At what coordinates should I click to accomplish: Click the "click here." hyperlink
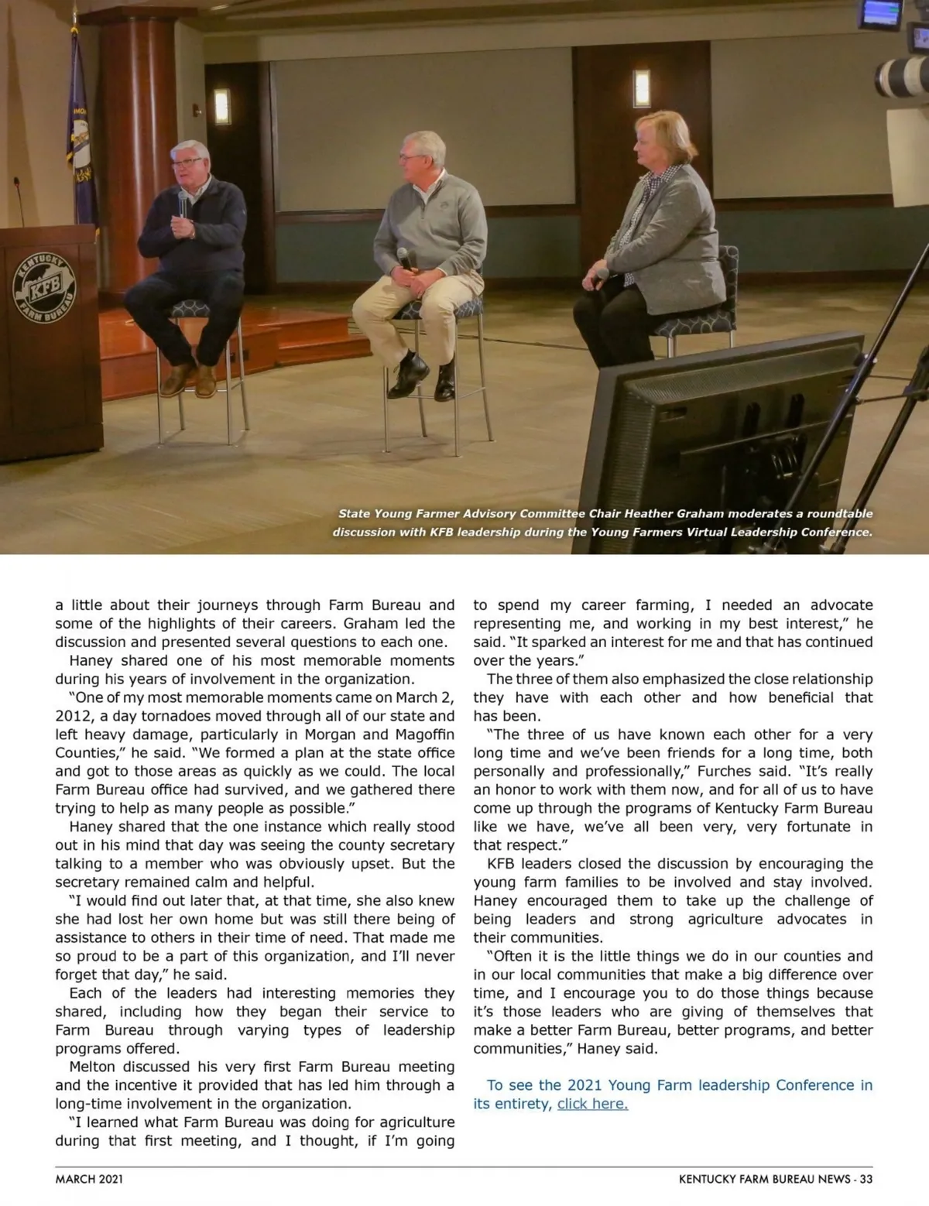point(592,1104)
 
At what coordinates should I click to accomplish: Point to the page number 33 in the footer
point(866,1179)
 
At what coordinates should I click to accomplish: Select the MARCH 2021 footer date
point(89,1179)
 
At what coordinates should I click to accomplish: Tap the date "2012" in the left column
point(74,716)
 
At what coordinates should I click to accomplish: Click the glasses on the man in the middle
point(408,157)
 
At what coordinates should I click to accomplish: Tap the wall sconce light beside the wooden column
point(222,106)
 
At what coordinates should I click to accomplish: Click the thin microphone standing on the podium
point(17,201)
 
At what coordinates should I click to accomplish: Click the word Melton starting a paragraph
point(92,1067)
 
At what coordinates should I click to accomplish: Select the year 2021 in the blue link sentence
point(584,1085)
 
